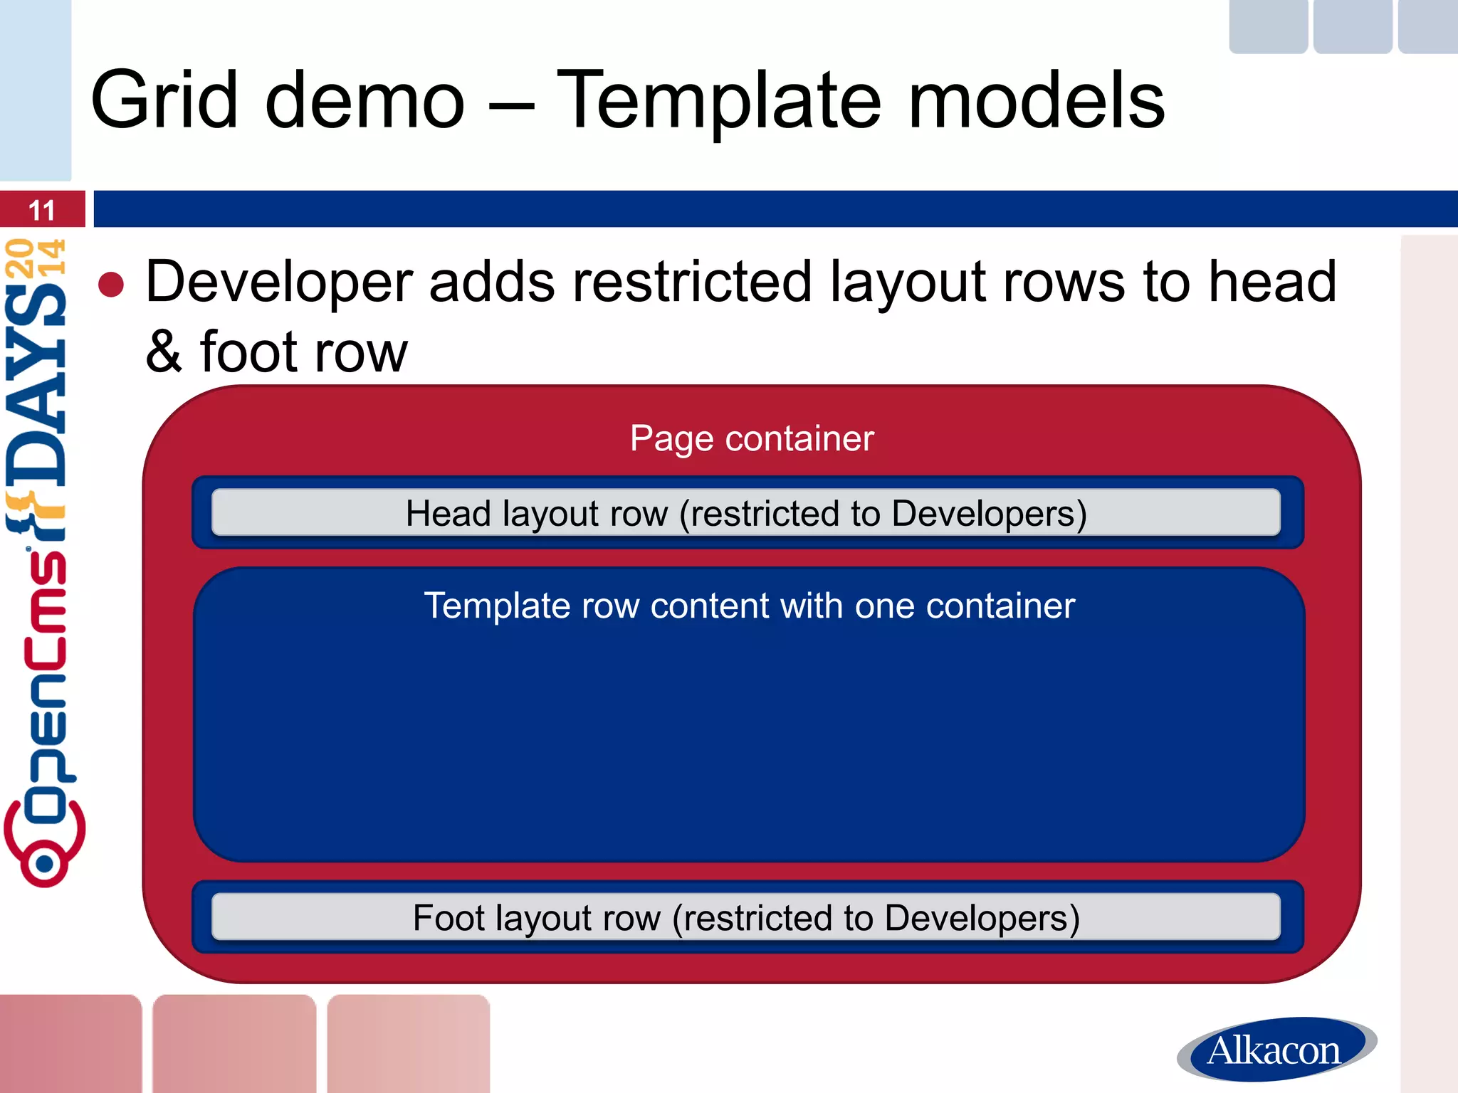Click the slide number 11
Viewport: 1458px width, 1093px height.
pos(41,211)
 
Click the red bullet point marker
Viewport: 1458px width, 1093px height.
pos(111,285)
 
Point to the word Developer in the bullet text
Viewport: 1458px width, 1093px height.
pos(278,283)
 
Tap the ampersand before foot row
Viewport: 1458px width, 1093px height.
pos(164,352)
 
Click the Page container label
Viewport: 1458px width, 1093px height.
pos(752,438)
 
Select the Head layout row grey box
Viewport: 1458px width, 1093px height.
pos(746,513)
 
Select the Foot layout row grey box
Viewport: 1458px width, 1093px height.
pos(746,917)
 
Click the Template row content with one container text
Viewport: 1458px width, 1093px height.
pos(749,606)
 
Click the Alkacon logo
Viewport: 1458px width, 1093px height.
pos(1276,1050)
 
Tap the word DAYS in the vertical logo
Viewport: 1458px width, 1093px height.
pos(37,384)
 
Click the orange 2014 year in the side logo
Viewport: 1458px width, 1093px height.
pos(36,258)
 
